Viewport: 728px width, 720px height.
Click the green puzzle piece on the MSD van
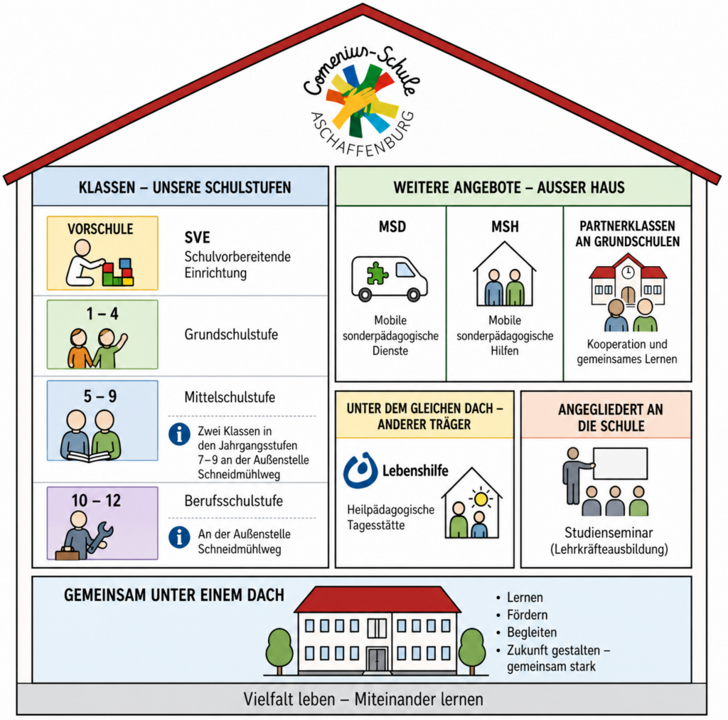tap(377, 273)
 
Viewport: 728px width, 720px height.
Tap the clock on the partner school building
tap(628, 272)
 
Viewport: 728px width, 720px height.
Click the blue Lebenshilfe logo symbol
tap(360, 470)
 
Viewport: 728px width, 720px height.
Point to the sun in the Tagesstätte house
tap(481, 499)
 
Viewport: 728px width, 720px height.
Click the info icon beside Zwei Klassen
tap(179, 434)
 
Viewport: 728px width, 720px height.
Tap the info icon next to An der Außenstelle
tap(179, 537)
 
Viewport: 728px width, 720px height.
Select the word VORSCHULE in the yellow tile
tap(100, 229)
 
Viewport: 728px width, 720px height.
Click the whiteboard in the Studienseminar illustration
tap(620, 463)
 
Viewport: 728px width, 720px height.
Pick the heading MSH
tap(505, 227)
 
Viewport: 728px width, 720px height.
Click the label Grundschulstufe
tap(231, 334)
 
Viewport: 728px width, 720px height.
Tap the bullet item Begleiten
tap(532, 632)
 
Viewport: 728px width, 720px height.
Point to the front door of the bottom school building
tap(377, 660)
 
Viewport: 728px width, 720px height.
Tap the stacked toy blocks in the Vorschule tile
tap(118, 272)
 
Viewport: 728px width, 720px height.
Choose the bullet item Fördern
tap(528, 615)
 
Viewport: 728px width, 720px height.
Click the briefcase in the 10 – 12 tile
tap(68, 554)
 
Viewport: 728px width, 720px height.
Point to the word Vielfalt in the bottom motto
tap(289, 699)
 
